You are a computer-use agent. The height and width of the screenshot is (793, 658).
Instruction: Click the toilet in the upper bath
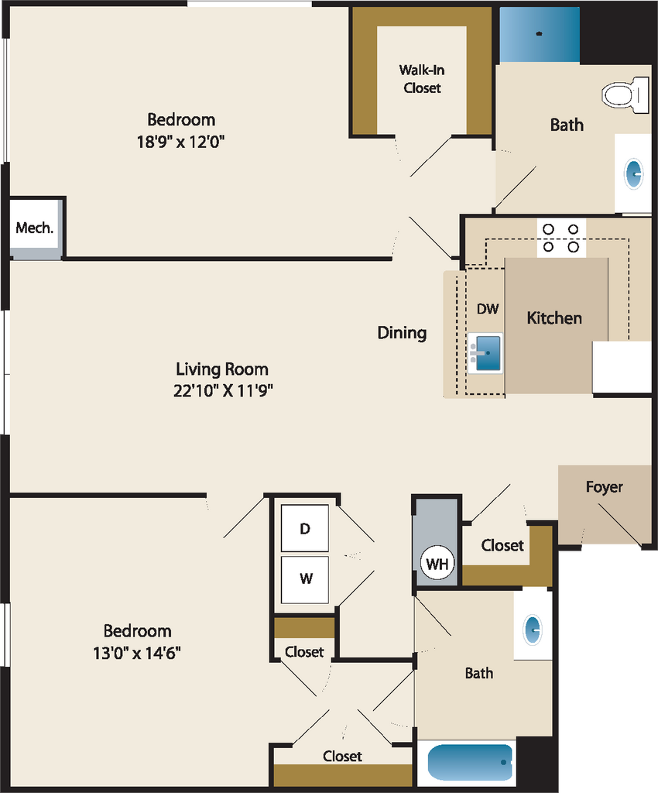(625, 94)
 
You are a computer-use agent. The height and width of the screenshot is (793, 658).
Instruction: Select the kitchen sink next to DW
(485, 353)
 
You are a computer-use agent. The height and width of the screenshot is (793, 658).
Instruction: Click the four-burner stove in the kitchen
(561, 239)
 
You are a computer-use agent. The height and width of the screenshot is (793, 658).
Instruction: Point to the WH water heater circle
(437, 564)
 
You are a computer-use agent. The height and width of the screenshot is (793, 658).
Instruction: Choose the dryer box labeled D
(305, 528)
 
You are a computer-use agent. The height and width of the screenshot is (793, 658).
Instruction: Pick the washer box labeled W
(305, 579)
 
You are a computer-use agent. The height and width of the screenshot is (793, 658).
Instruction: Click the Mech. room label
(34, 228)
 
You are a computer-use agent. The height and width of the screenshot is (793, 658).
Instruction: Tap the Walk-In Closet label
(422, 79)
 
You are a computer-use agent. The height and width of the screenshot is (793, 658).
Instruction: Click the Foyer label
(604, 487)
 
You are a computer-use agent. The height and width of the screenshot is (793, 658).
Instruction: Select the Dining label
(402, 333)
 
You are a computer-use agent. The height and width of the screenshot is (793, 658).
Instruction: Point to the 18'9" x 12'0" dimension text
(180, 142)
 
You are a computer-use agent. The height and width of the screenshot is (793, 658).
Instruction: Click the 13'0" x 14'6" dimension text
(136, 653)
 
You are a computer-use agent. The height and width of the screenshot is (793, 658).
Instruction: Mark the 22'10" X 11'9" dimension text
(223, 390)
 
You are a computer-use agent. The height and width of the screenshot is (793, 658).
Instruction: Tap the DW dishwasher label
(488, 308)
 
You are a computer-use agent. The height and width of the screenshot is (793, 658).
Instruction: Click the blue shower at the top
(540, 35)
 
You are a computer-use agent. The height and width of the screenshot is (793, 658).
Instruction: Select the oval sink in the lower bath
(533, 630)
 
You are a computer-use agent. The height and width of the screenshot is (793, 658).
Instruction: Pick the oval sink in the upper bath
(634, 174)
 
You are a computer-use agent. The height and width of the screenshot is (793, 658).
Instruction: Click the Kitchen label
(554, 318)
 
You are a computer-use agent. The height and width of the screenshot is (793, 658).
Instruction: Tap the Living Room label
(222, 369)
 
